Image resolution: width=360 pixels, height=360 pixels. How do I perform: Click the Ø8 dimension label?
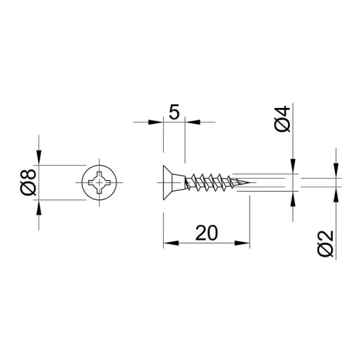pos(28,182)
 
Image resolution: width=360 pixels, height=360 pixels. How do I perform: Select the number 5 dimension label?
pos(174,112)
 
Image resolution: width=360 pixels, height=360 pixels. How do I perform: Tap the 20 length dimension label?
pos(206,233)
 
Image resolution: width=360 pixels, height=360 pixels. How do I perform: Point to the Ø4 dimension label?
pos(283,119)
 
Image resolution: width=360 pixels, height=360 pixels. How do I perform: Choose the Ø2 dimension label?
pos(326,244)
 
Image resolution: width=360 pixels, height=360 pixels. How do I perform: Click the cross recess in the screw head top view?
pos(99,182)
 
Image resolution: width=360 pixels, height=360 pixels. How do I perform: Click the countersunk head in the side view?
pos(174,182)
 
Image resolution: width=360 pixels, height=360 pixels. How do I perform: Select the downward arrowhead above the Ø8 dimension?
pos(39,157)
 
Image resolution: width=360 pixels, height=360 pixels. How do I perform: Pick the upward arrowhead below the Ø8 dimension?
pos(39,208)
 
